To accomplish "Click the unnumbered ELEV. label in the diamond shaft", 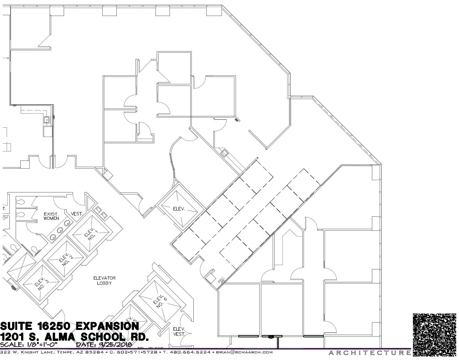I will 180,209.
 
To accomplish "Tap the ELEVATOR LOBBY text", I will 104,280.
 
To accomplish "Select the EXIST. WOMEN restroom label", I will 51,216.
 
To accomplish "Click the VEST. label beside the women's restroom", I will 77,214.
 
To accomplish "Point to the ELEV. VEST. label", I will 179,331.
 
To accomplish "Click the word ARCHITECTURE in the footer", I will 369,353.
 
